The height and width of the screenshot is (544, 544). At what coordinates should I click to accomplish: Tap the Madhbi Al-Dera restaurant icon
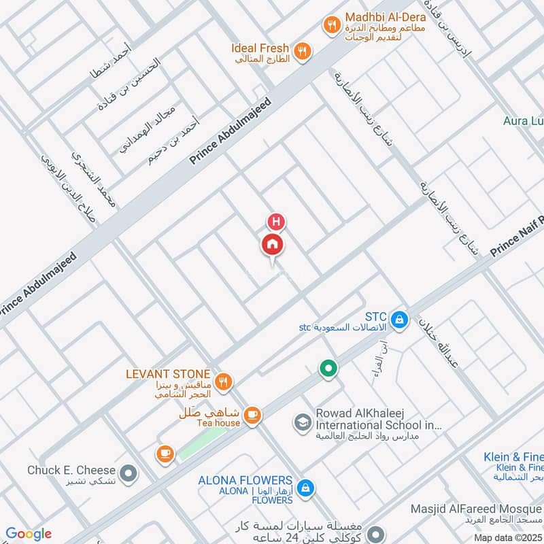331,25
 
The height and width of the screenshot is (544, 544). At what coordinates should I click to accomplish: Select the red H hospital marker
276,222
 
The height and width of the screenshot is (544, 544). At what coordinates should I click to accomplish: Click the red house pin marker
273,244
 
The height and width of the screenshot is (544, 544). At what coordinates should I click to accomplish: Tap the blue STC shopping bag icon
401,318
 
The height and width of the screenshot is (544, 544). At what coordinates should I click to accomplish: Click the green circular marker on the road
329,369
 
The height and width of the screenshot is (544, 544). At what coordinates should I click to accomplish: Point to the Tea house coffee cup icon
252,414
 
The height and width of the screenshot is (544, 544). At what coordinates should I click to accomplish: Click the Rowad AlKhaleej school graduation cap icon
301,422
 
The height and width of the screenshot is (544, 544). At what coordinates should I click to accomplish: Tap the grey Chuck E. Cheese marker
128,471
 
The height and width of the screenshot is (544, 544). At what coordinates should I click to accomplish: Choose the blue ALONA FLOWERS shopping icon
306,486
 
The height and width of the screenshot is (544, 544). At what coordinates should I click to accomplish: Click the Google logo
28,534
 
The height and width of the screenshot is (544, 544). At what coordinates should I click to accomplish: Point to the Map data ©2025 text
507,537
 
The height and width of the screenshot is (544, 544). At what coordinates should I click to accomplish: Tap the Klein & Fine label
513,457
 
